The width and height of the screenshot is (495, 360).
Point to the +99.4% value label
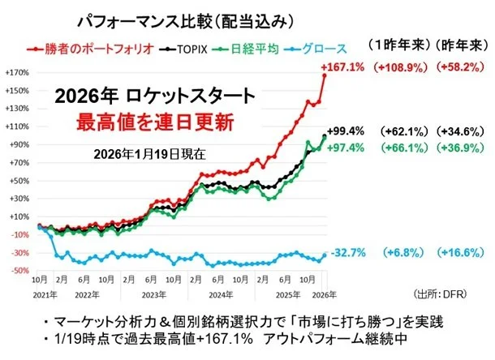coord(344,130)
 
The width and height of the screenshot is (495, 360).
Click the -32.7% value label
coord(344,253)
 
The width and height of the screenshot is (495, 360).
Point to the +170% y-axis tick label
coord(17,73)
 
